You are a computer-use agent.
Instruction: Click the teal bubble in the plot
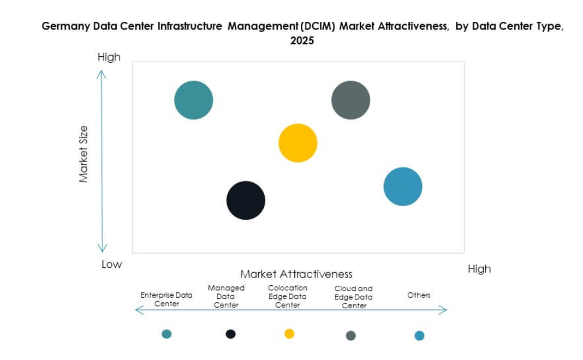tap(193, 100)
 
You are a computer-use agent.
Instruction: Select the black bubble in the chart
tap(246, 200)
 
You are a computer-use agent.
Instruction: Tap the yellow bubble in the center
tap(298, 143)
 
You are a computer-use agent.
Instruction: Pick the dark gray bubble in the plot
tap(350, 100)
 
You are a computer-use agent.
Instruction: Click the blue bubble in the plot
tap(403, 187)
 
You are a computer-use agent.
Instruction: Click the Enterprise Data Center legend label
tap(166, 299)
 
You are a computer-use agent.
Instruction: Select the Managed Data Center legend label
tap(226, 296)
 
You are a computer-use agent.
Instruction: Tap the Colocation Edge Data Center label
tap(287, 296)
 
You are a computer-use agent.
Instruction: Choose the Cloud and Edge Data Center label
tap(354, 297)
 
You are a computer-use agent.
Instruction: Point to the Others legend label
tap(419, 295)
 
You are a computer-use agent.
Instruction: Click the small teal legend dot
tap(166, 334)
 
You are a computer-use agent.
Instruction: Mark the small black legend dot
tap(231, 334)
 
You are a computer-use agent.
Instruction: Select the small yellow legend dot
tap(289, 333)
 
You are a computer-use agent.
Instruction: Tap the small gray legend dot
tap(350, 335)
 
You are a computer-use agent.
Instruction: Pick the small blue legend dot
tap(419, 335)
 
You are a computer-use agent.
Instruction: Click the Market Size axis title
tap(84, 154)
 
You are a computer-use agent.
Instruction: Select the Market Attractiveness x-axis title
tap(296, 274)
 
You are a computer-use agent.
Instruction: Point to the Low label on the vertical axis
tap(112, 265)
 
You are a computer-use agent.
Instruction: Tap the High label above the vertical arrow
tap(109, 57)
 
